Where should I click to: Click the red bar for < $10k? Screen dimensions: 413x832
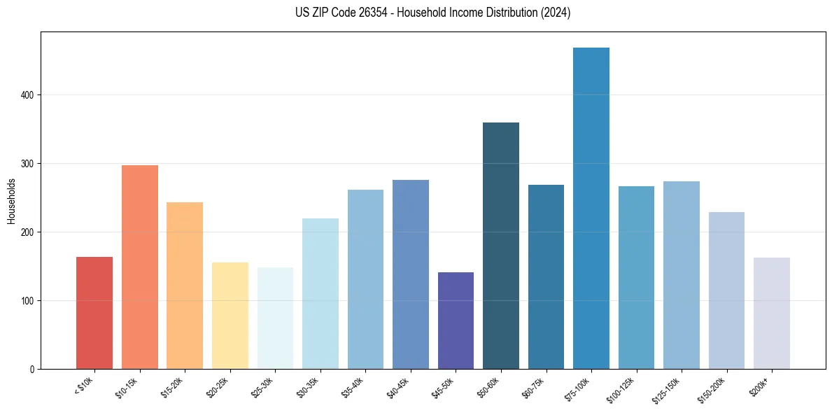pos(94,313)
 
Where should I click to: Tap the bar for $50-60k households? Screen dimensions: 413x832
pos(501,246)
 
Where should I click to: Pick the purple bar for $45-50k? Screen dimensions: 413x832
pos(456,321)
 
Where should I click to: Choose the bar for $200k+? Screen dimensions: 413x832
pos(772,313)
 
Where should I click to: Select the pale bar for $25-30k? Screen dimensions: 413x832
pos(275,318)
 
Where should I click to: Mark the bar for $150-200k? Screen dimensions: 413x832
pos(726,290)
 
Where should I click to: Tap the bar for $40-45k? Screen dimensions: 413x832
pos(411,274)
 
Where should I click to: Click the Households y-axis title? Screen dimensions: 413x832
pos(11,201)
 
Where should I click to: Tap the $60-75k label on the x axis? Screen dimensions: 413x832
pos(534,387)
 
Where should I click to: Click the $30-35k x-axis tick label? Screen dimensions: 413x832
pos(308,387)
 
